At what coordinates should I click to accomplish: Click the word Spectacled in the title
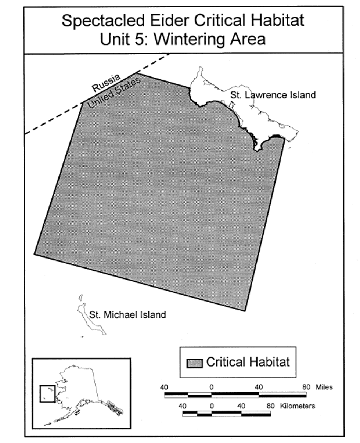(103, 21)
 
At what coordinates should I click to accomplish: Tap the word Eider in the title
(169, 20)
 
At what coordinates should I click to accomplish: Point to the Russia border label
(106, 83)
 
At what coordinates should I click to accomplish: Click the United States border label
(114, 93)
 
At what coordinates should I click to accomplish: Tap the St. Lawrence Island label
(273, 95)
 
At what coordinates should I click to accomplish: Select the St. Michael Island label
(127, 315)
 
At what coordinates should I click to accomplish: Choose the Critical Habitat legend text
(248, 362)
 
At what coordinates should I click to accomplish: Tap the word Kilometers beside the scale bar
(298, 406)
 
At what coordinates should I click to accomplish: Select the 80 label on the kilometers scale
(271, 406)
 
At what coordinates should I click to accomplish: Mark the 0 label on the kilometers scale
(212, 406)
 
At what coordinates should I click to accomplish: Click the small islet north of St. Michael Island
(81, 298)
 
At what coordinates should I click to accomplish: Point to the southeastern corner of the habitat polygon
(245, 311)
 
